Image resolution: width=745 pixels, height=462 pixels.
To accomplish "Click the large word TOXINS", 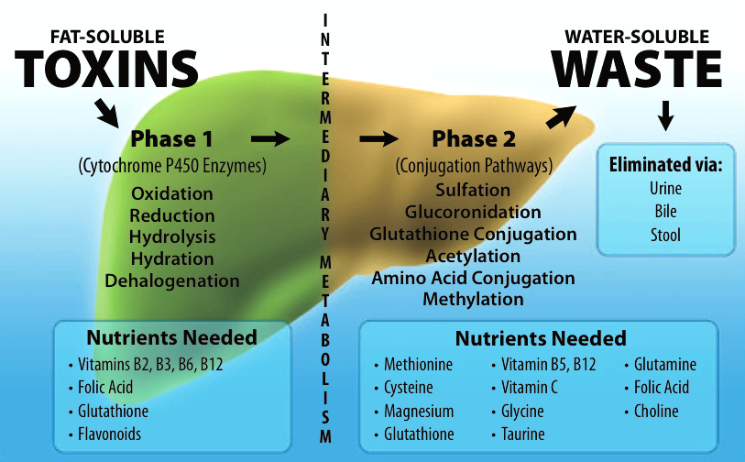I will (x=107, y=70).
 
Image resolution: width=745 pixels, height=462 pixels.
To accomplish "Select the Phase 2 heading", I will (x=474, y=139).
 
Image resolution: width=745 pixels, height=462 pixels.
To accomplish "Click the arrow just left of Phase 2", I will (x=378, y=138).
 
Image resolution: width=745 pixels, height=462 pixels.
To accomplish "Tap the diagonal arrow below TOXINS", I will (x=107, y=113).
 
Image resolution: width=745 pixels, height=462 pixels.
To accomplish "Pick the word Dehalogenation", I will (x=171, y=280).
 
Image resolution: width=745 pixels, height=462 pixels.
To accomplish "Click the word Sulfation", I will (x=473, y=191).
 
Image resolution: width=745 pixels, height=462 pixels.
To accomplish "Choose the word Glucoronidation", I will (x=473, y=212).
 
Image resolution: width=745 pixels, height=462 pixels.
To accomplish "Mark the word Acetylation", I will (x=473, y=256).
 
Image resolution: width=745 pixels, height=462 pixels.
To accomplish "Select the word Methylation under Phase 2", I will (x=473, y=299).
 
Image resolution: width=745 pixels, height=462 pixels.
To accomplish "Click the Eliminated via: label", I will (x=665, y=166).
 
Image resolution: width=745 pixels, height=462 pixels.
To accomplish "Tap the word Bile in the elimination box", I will (x=665, y=212).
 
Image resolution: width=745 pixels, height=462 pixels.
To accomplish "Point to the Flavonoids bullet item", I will (x=109, y=434).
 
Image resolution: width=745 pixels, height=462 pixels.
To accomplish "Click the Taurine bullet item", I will (x=523, y=434).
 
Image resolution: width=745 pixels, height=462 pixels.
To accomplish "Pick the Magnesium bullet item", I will (x=419, y=411).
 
